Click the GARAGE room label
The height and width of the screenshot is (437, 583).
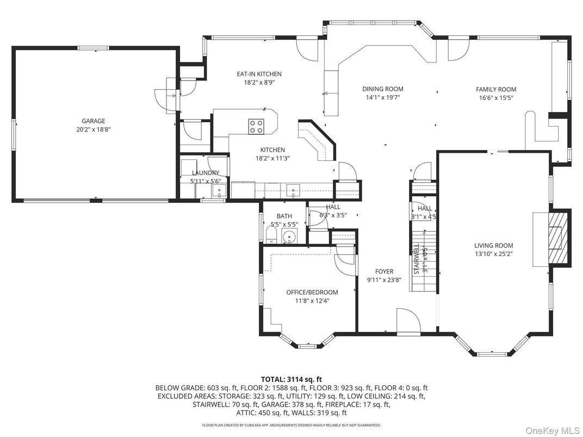coord(94,121)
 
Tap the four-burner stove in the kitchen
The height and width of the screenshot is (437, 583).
coord(257,127)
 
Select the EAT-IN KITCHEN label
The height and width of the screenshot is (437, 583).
coord(259,74)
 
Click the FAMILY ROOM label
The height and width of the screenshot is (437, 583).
coord(495,89)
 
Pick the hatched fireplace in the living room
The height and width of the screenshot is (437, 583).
coord(557,237)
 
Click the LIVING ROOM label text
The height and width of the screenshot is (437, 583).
coord(493,245)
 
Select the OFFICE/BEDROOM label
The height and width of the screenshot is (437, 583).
coord(312,292)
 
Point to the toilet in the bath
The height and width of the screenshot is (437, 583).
coord(271,235)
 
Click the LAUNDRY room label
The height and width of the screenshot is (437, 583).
coord(205,173)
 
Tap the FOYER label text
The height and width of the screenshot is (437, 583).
coord(384,271)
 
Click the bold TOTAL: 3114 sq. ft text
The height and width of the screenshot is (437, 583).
coord(291,379)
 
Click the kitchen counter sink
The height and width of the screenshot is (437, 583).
coord(293,190)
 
